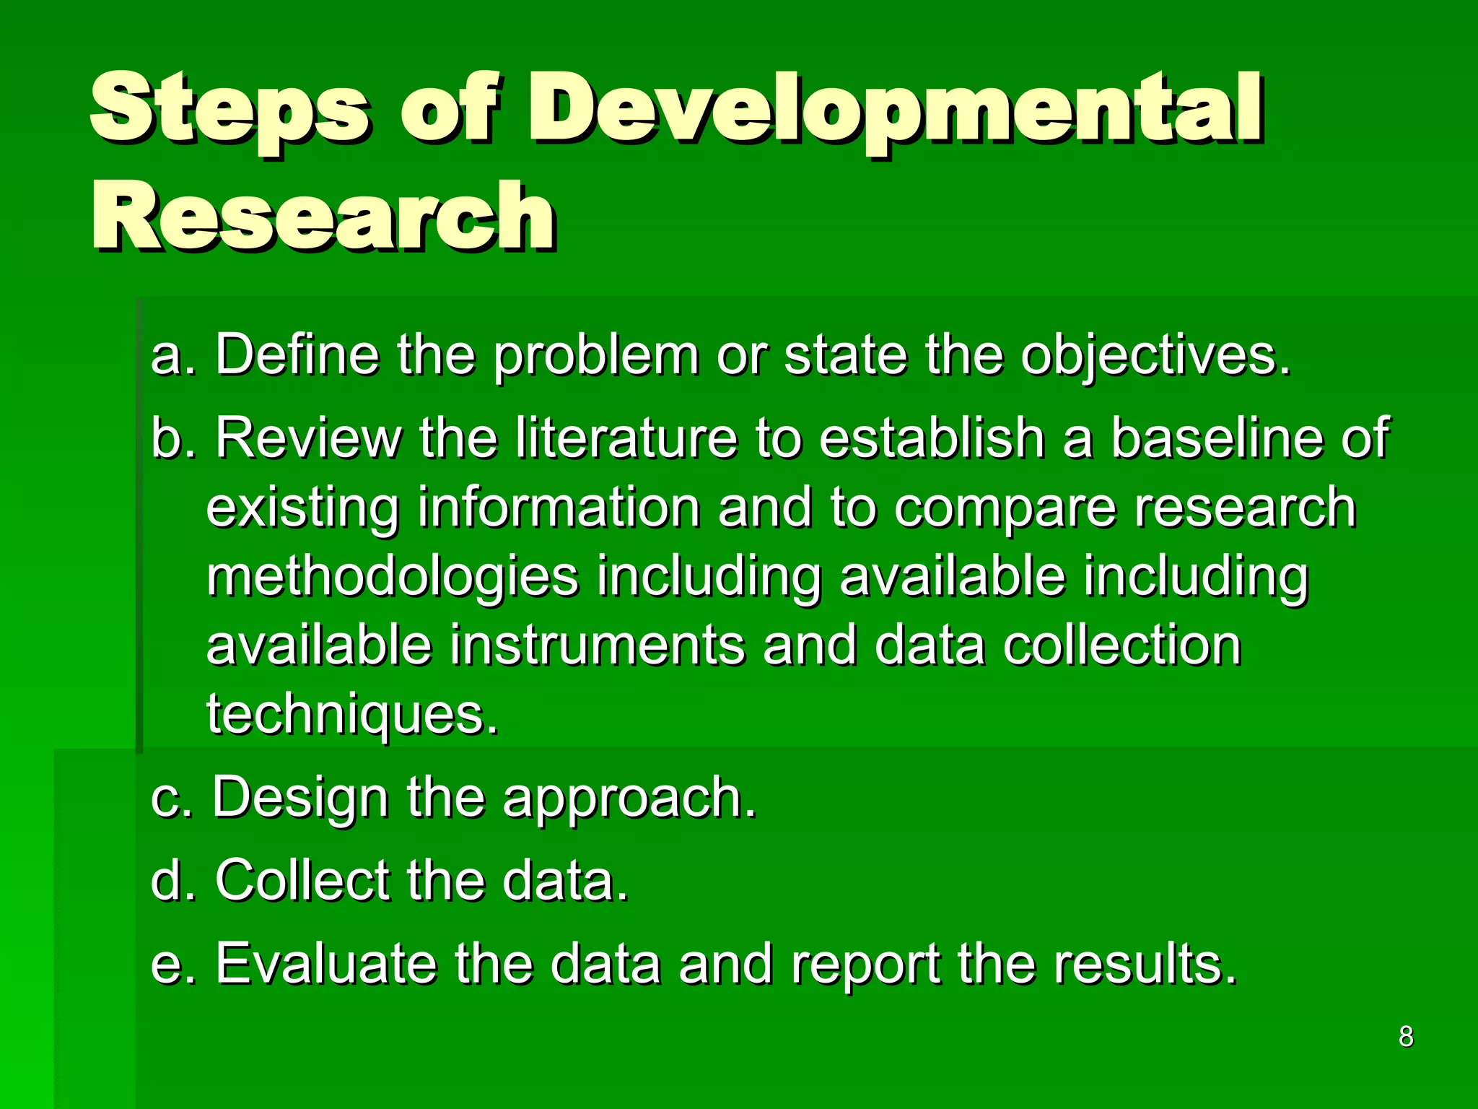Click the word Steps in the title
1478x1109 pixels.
pos(229,108)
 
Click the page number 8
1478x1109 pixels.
pos(1406,1036)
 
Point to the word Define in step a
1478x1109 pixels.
pos(297,355)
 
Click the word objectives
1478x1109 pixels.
pos(1155,355)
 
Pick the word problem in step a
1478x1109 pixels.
pos(596,355)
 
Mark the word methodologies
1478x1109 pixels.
pos(393,577)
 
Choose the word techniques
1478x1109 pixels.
pos(352,714)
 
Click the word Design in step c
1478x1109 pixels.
pos(300,798)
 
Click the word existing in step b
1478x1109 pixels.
pos(302,508)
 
